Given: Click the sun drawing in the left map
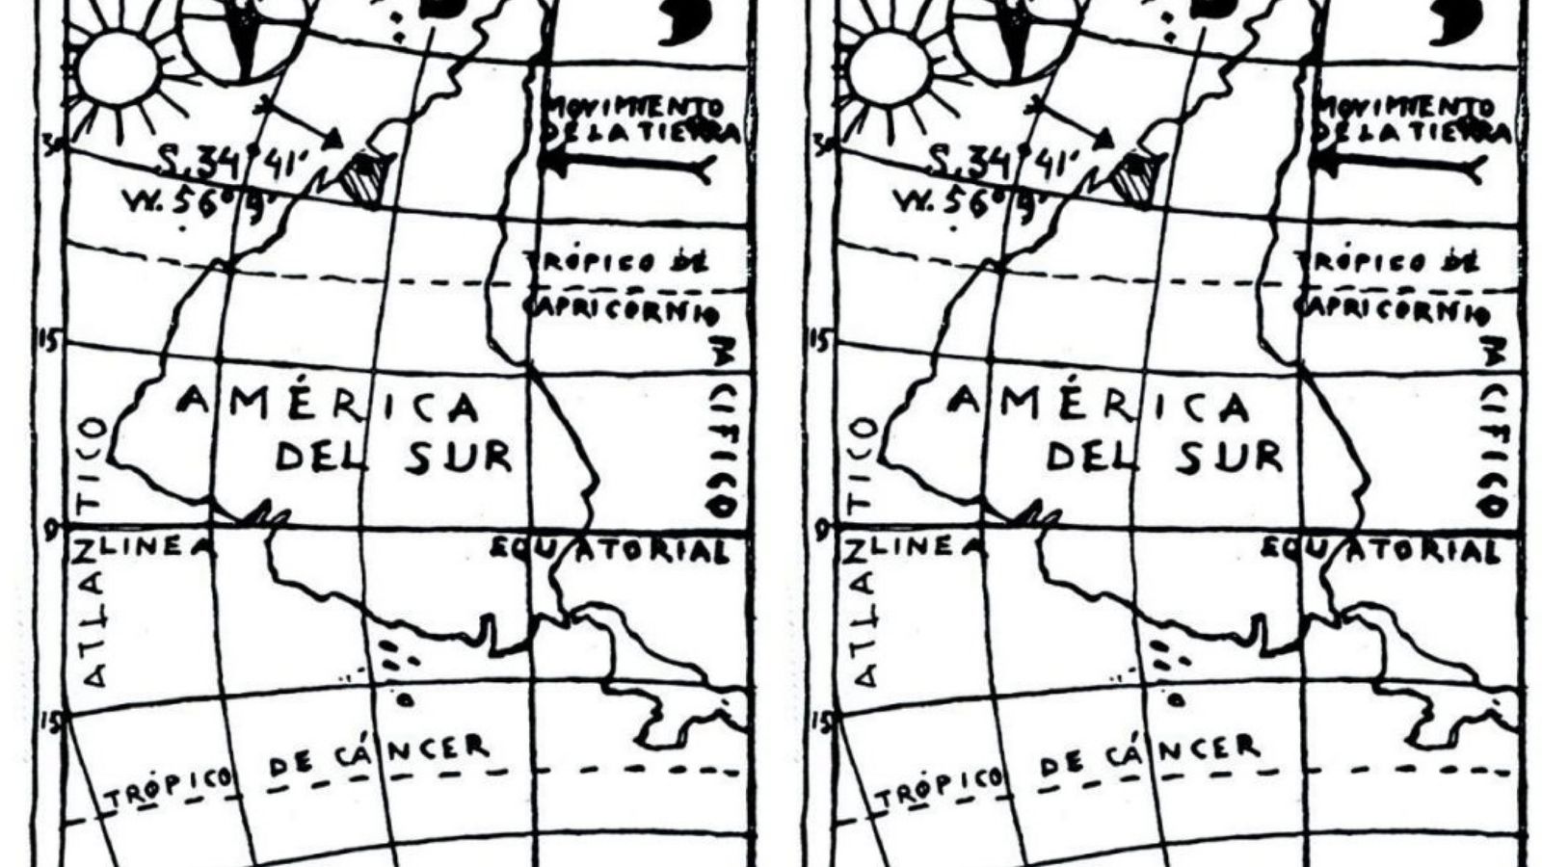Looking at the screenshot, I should pos(118,69).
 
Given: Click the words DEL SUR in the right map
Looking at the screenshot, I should pos(1164,456).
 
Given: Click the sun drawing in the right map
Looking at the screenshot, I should pos(889,69).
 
